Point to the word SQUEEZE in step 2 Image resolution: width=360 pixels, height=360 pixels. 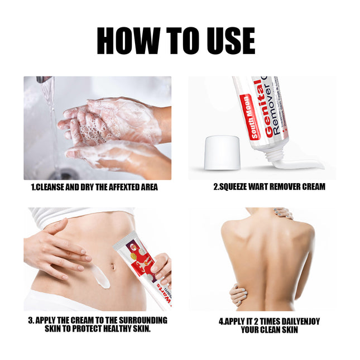pos(235,188)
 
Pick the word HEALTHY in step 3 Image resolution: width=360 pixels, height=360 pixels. pos(112,329)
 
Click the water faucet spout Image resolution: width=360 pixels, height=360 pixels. pos(44,80)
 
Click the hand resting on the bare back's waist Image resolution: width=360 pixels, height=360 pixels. pos(239,294)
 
